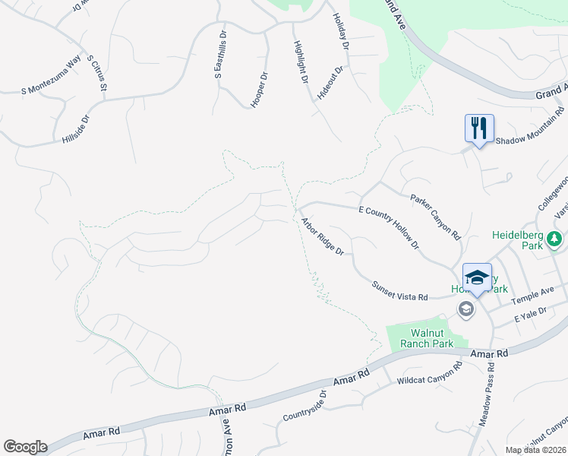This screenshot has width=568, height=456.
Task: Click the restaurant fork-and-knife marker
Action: [478, 127]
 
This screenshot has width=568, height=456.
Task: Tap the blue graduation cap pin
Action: [476, 277]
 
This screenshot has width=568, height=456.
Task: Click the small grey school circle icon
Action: [465, 309]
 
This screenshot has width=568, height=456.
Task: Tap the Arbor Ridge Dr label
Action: [323, 236]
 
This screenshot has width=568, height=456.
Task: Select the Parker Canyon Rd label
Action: [436, 217]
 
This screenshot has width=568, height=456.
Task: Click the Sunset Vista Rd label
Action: [400, 290]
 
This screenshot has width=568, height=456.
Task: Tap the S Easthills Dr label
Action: [220, 55]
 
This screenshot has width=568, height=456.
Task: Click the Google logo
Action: [25, 447]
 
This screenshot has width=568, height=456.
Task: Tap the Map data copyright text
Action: [536, 450]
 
